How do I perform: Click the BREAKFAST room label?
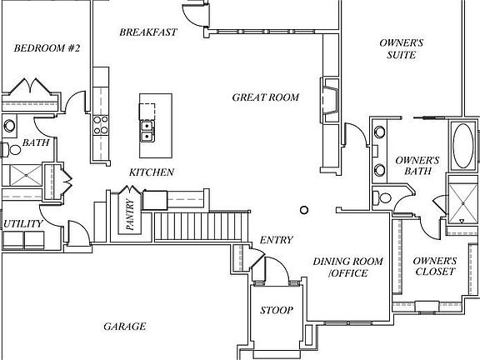148,32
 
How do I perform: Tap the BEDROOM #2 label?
47,48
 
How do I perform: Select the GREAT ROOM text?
265,97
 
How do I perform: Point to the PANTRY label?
130,215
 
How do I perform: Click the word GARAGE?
125,327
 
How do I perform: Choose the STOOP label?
277,310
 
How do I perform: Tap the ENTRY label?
277,240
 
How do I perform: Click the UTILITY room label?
23,223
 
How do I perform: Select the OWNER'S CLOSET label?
435,266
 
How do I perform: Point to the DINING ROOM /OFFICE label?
348,267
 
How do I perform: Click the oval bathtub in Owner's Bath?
462,146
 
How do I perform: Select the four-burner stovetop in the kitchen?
101,125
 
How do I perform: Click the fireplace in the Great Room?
330,100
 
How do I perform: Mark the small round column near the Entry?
304,210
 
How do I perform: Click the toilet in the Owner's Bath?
382,197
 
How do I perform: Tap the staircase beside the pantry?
201,227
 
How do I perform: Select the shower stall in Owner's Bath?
463,203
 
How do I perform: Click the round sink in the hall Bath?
9,126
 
